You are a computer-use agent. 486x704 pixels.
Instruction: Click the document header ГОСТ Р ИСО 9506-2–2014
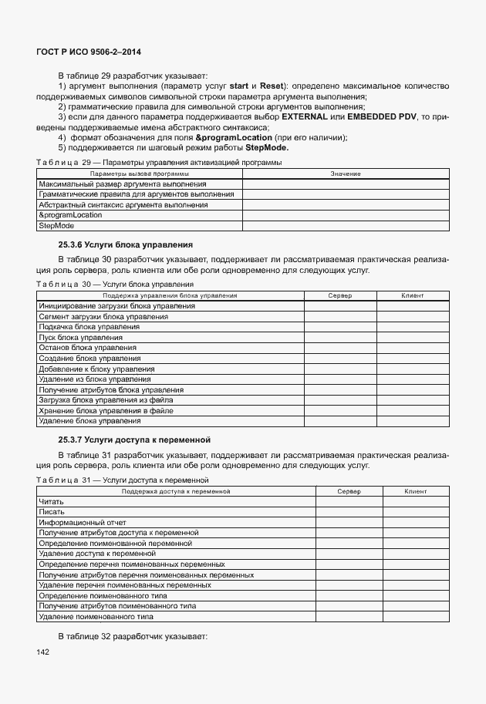(x=89, y=52)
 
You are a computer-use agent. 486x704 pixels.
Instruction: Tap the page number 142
(x=42, y=653)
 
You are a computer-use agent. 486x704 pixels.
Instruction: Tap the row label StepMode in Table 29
(x=55, y=226)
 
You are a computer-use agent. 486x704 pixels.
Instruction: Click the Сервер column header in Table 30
(x=339, y=296)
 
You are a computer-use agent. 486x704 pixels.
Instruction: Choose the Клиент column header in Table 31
(x=415, y=491)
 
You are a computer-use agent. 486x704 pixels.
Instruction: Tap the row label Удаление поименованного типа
(x=96, y=617)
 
